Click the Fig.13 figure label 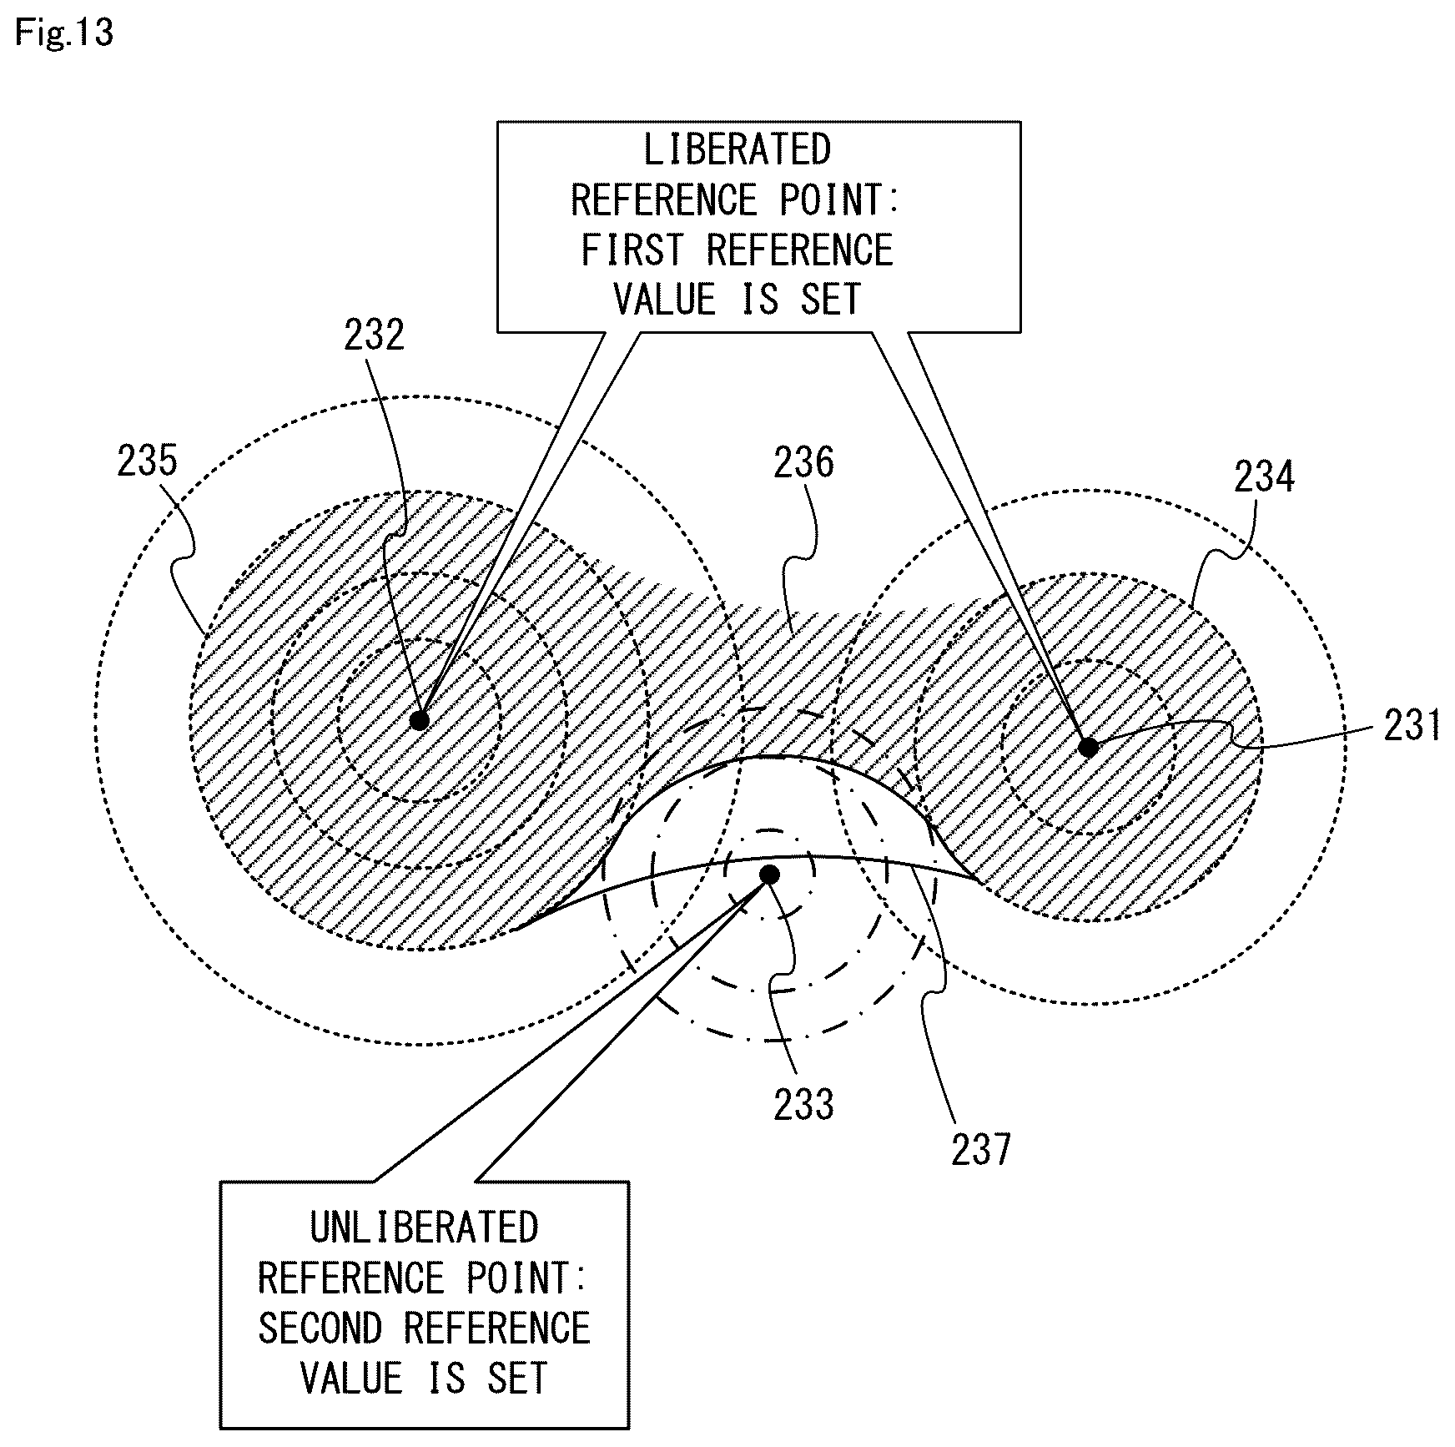[x=64, y=34]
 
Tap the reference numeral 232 [x=374, y=335]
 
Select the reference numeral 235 [x=148, y=461]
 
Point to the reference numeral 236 [x=803, y=463]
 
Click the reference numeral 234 [x=1264, y=477]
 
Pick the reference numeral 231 [x=1412, y=724]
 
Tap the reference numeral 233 [x=803, y=1104]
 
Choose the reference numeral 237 [x=981, y=1149]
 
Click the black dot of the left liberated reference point [x=420, y=720]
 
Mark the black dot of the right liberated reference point [x=1089, y=747]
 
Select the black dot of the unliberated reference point [x=770, y=875]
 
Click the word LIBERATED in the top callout [x=738, y=150]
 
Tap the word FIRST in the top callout [x=632, y=250]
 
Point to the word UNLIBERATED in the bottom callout [x=425, y=1228]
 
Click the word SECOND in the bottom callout [x=320, y=1328]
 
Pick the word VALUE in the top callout [x=665, y=300]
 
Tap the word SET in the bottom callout [x=518, y=1377]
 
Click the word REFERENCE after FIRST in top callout [x=800, y=250]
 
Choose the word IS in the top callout [x=759, y=300]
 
